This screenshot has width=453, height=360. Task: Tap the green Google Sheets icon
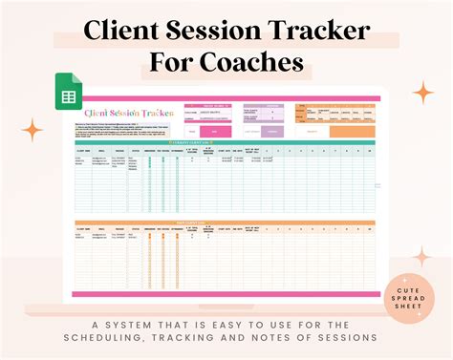click(x=68, y=92)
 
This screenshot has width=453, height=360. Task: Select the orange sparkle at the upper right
click(x=421, y=93)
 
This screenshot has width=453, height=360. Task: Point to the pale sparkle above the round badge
click(x=421, y=255)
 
